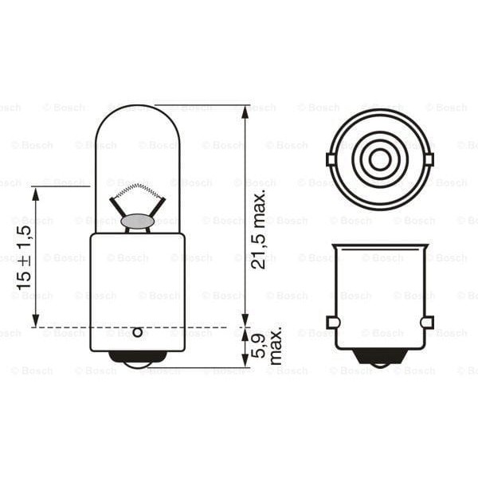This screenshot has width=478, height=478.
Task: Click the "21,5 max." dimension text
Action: [x=260, y=229]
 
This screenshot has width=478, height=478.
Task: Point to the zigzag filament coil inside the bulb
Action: [x=137, y=192]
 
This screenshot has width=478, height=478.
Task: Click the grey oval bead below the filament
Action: [x=137, y=221]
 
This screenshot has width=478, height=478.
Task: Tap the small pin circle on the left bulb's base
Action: [x=137, y=332]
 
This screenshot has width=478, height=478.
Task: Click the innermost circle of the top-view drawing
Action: [x=380, y=159]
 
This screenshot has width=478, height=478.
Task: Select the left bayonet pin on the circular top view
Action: [x=331, y=159]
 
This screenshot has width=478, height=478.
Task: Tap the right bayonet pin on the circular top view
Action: [x=429, y=159]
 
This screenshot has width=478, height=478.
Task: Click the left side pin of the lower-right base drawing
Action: [x=333, y=322]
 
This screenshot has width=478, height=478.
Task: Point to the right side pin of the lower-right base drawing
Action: [x=427, y=322]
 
